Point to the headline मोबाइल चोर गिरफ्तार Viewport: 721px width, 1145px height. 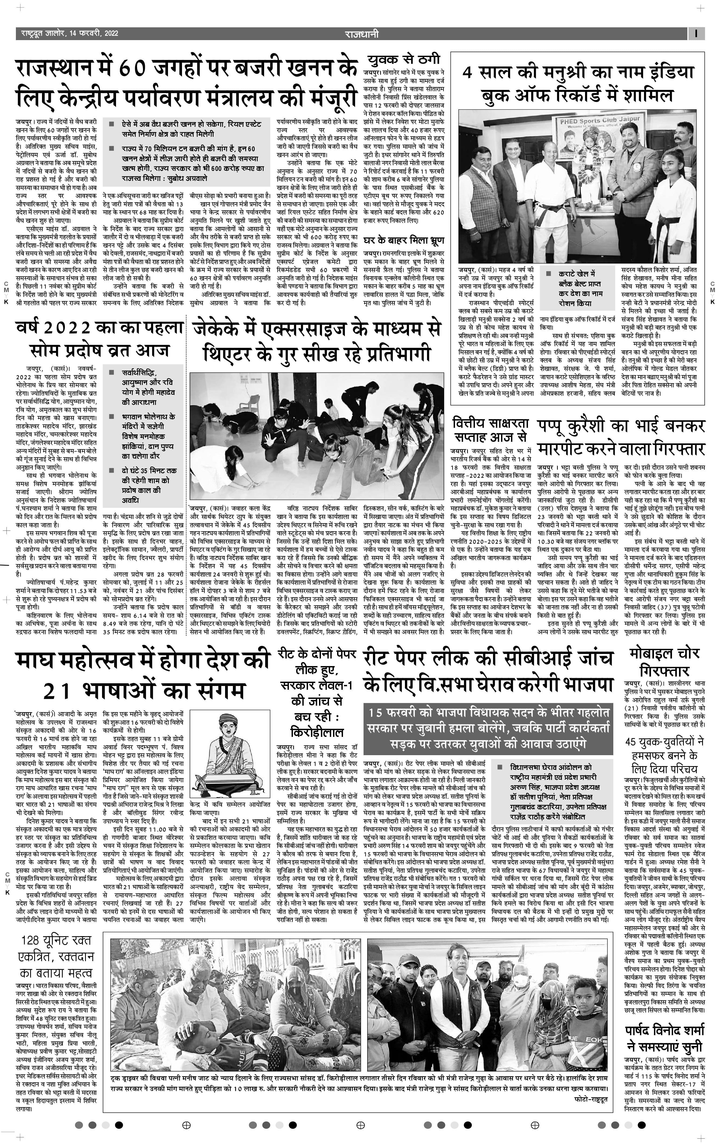tap(664, 662)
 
